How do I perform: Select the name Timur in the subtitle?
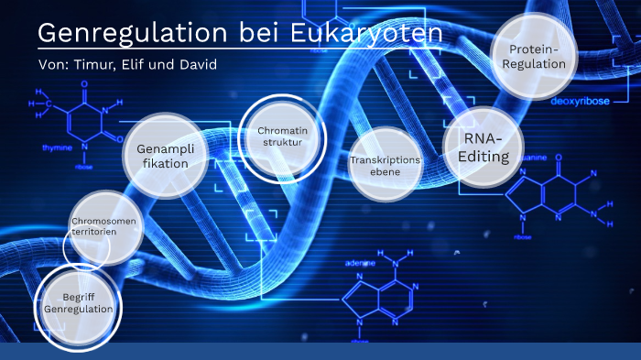point(95,65)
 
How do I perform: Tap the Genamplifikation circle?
point(165,156)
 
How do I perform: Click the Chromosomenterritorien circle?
point(107,225)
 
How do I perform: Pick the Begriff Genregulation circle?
point(79,303)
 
